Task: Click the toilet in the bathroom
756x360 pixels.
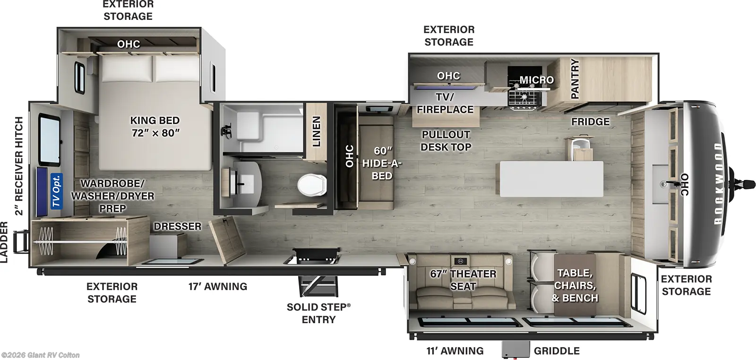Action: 312,184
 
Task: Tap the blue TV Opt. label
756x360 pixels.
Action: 56,191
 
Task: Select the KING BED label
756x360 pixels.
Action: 155,127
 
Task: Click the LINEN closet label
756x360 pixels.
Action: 317,131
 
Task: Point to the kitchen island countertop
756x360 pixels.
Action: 551,179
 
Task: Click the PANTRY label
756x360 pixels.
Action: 575,78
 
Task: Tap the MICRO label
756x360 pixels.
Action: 536,80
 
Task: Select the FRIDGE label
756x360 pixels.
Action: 590,121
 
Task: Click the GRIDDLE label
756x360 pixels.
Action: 557,351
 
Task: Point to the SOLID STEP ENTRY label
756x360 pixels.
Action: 318,313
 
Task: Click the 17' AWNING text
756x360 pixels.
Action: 217,286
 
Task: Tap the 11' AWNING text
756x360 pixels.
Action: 455,351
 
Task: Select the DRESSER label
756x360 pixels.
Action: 177,226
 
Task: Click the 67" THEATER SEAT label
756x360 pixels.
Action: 463,280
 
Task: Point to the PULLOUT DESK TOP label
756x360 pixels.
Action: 446,141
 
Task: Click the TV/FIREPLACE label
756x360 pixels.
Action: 445,103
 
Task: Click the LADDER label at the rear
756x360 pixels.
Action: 4,242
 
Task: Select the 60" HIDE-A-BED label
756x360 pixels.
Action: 382,163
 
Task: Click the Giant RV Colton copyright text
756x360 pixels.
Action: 41,355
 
